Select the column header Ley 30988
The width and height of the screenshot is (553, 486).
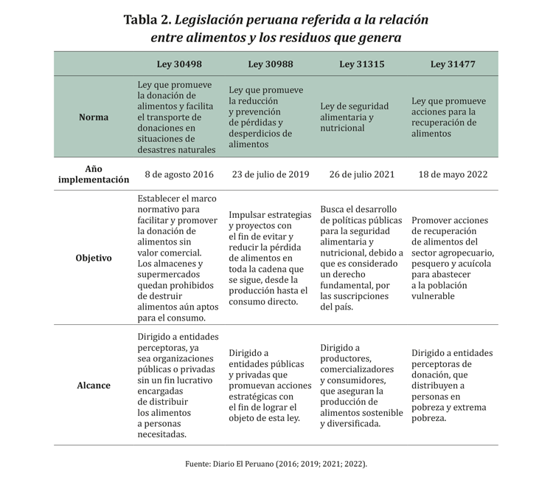pos(270,64)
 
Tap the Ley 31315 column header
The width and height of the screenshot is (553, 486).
pos(361,64)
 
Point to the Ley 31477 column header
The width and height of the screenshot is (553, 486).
pos(453,64)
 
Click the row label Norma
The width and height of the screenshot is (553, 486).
pos(94,117)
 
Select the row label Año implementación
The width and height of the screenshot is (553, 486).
pos(94,174)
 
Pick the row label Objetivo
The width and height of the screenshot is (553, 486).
pos(94,259)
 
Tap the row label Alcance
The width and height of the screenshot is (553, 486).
pos(94,385)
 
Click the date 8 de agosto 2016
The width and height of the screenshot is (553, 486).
pos(179,175)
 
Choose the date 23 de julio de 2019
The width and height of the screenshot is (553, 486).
pos(270,175)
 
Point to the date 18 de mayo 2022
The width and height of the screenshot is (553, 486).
pos(453,175)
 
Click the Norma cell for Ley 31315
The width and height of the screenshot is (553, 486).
pos(352,117)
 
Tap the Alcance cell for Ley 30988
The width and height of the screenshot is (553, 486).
pos(270,385)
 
